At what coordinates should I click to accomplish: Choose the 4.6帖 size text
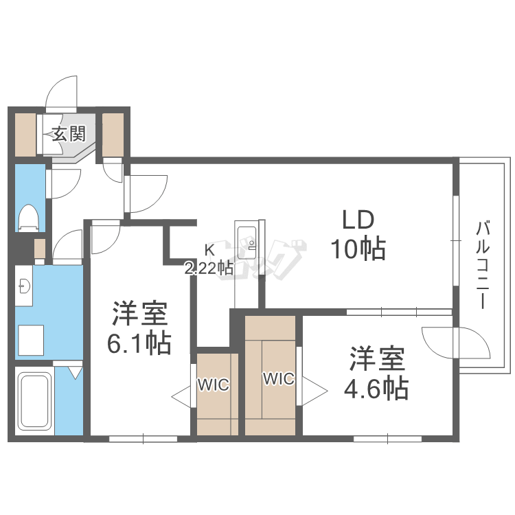(x=376, y=389)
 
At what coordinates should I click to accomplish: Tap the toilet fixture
(x=29, y=217)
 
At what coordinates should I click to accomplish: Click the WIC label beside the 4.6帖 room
(x=279, y=378)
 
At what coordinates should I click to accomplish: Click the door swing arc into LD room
(x=146, y=192)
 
